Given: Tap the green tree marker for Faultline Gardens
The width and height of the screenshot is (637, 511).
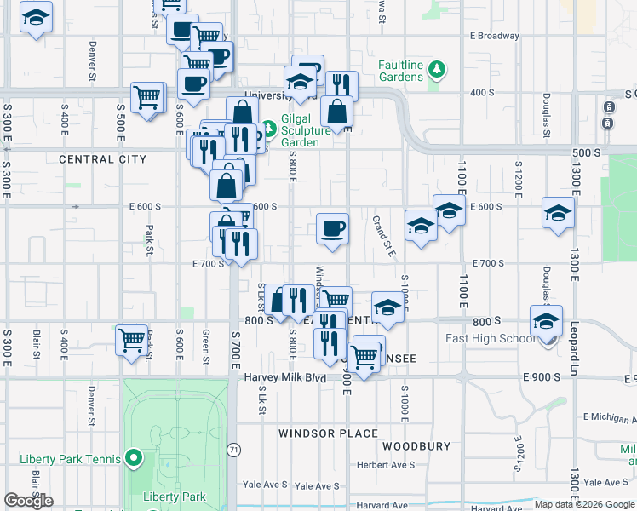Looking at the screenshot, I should pos(437,68).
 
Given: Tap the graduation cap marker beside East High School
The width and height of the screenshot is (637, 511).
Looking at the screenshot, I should pos(546,321).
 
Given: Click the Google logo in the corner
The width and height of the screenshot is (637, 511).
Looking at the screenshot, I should pos(29,501).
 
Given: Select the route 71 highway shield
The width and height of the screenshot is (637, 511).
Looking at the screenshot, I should pos(233,449).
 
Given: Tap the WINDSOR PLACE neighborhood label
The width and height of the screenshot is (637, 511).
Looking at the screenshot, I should pos(328,433).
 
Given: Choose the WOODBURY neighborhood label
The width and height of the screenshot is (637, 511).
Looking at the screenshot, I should pos(416,446).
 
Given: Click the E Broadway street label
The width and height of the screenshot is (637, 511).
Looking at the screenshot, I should pos(494,36).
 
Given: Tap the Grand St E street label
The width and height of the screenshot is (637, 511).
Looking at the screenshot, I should pos(384,236).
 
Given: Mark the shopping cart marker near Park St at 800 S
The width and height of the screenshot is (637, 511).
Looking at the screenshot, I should pos(131,340).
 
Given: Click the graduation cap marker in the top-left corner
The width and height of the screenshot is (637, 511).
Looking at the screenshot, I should pos(36,18).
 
